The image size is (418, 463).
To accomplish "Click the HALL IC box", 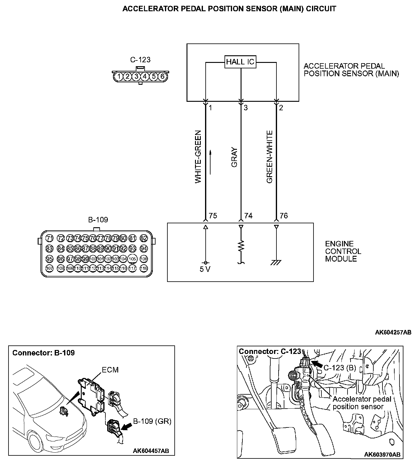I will point(240,62).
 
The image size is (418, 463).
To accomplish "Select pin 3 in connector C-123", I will point(136,76).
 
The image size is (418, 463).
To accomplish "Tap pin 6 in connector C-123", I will point(162,76).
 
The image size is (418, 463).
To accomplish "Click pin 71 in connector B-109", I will point(49,238).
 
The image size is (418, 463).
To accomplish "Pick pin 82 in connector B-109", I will point(144,238).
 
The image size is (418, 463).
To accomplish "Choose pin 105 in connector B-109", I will point(132,259).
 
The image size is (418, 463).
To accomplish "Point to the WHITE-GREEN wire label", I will point(198,156).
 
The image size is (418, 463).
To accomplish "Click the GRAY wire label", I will point(234,158).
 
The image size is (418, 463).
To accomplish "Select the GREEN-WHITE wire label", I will point(269,156).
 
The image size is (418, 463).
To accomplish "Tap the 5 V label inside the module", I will point(205,269).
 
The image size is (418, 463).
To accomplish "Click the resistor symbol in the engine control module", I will point(241,245).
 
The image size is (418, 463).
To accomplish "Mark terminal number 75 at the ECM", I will point(213,216).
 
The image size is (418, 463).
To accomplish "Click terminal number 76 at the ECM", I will point(283,216).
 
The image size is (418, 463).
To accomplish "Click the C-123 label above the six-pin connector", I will point(140,60).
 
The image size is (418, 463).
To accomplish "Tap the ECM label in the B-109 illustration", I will point(110,370).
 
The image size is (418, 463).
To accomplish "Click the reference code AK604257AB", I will point(393,332).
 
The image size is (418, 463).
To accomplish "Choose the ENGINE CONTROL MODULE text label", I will point(343,251).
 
